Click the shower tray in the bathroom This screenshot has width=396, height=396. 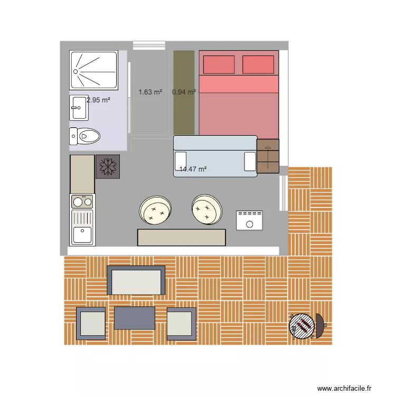pos(93,70)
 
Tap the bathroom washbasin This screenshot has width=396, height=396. pos(78,108)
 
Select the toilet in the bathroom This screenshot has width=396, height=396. pos(84,136)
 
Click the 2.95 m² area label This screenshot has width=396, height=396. pos(98,99)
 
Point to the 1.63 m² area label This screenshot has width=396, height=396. pos(150,92)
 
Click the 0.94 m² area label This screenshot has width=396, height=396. pos(184,92)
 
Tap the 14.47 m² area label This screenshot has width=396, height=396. pos(193,169)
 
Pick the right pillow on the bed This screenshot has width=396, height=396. pos(258,64)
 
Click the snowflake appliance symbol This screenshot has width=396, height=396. pos(107,167)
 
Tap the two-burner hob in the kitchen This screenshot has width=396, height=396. pos(82,201)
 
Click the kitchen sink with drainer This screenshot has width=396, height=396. pos(82,227)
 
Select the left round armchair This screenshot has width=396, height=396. pos(155,210)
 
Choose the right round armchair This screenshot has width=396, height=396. pos(206,209)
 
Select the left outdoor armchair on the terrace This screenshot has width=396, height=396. pos(91,323)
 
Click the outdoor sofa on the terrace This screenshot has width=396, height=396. pos(136,280)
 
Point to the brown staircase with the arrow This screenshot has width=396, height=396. pos(268,156)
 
